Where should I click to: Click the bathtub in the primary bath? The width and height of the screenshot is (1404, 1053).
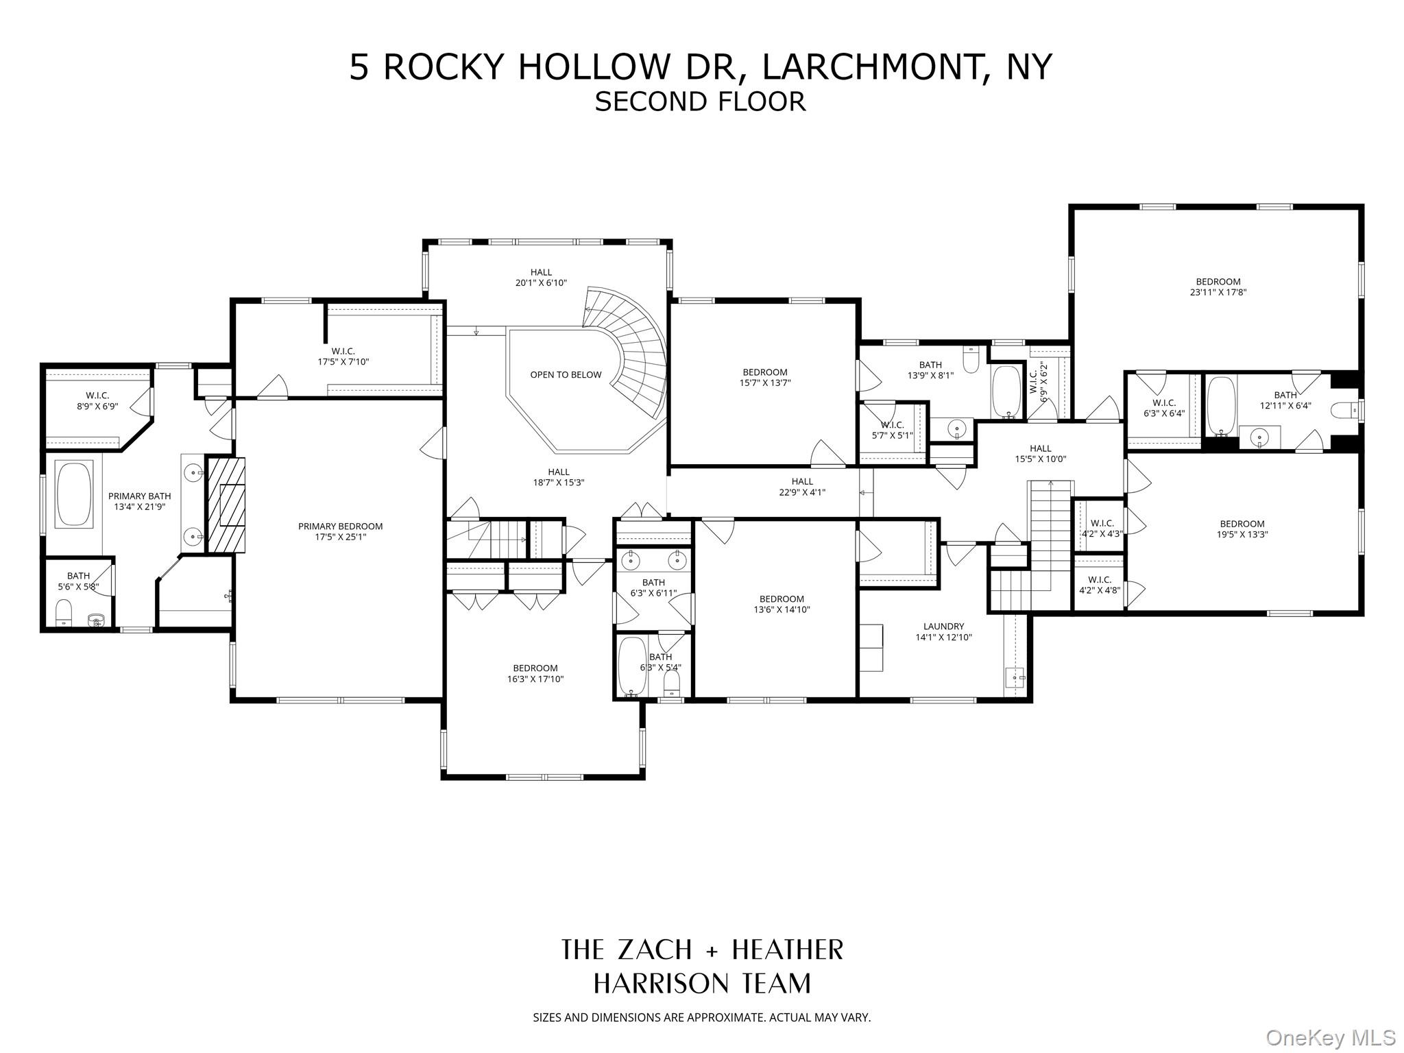(x=73, y=494)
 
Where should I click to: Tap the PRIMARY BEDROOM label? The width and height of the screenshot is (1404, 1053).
(x=340, y=526)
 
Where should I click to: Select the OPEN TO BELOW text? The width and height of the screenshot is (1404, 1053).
(x=566, y=375)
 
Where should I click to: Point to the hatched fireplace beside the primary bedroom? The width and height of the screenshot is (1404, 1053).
(x=226, y=505)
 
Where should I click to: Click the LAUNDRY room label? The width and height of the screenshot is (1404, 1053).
(x=943, y=626)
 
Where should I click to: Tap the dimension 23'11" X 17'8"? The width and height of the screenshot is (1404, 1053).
(x=1218, y=292)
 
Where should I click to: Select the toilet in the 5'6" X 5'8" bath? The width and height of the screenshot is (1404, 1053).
(x=63, y=612)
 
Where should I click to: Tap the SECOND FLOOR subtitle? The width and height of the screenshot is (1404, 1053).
(x=700, y=101)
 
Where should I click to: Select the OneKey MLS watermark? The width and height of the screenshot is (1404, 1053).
(x=1330, y=1037)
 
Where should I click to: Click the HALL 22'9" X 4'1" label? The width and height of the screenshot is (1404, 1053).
(x=801, y=487)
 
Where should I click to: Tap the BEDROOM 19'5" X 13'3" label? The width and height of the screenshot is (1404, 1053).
(x=1242, y=529)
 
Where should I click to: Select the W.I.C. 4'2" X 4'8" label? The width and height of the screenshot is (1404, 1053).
(x=1099, y=584)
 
